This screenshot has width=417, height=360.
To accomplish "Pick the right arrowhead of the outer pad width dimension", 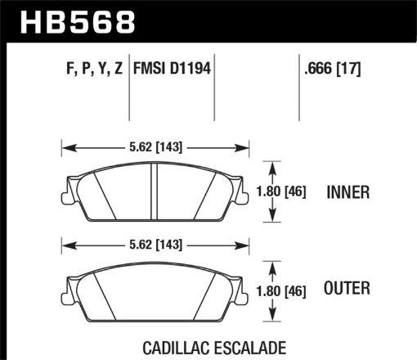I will point(244,244).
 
